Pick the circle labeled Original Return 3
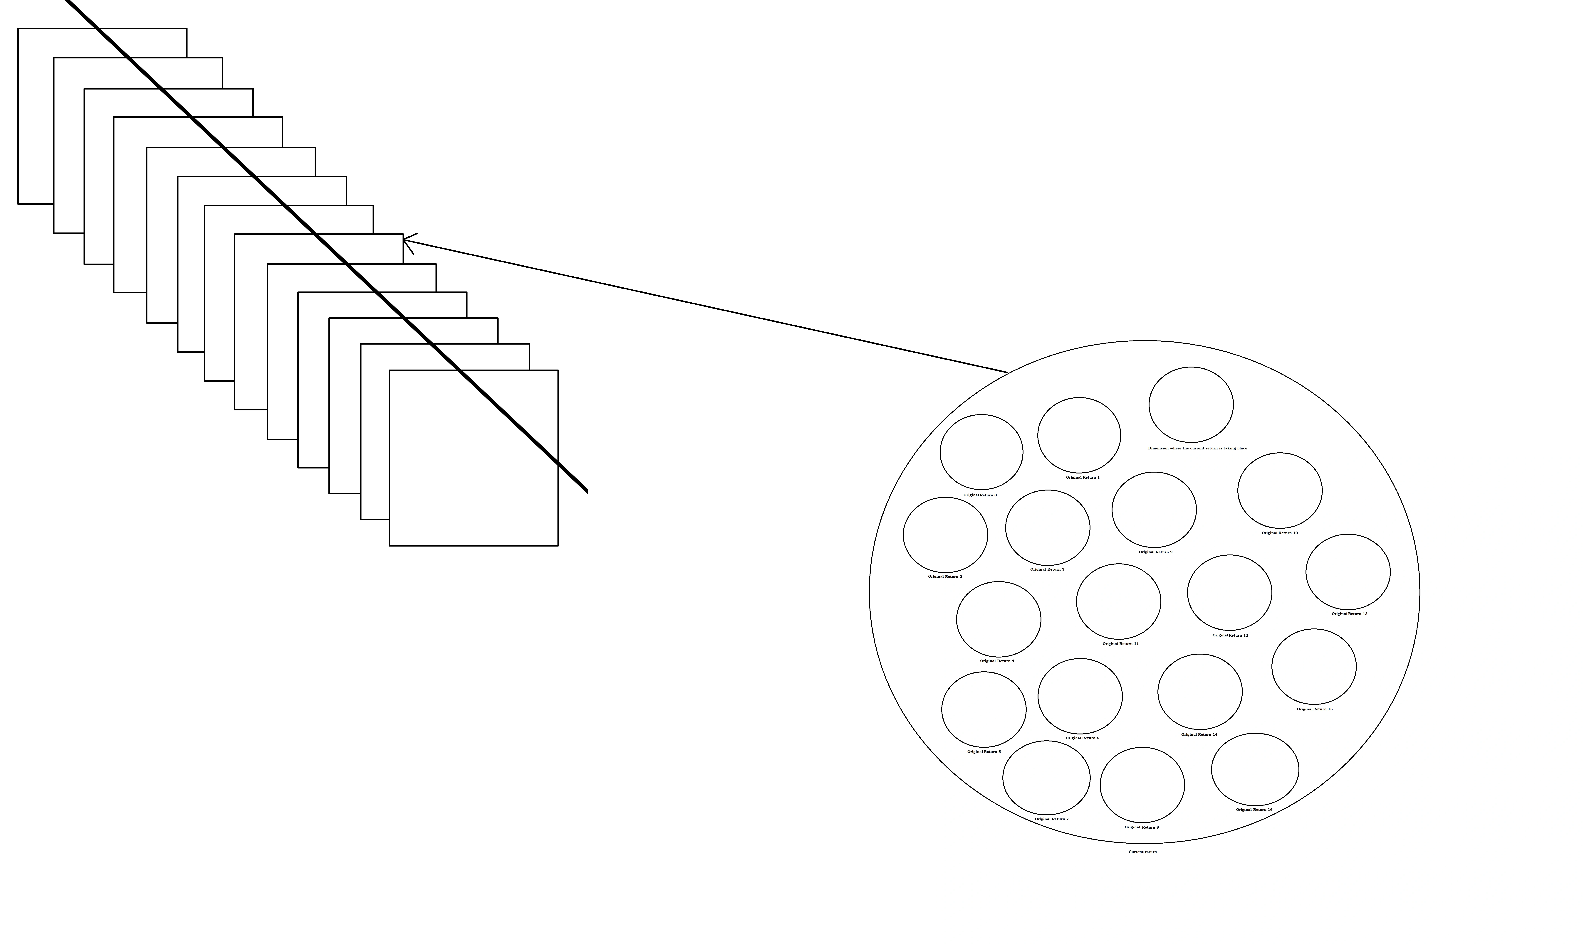click(1048, 527)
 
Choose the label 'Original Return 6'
click(1082, 738)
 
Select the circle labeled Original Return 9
click(1154, 510)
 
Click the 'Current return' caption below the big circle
click(1142, 852)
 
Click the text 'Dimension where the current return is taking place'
click(1197, 449)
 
